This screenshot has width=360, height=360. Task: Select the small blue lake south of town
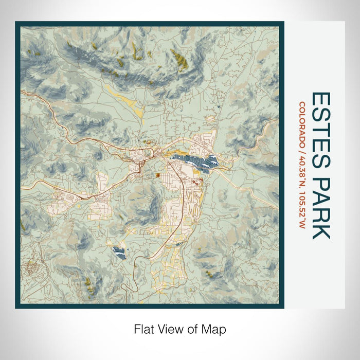click(x=119, y=253)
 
